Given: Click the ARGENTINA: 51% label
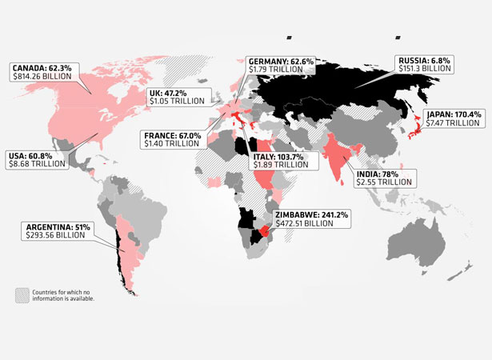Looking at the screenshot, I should (x=60, y=227).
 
